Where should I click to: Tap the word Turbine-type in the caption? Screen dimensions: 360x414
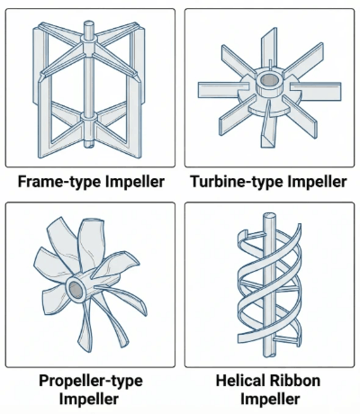click(237, 182)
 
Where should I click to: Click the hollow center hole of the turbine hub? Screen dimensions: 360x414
click(268, 80)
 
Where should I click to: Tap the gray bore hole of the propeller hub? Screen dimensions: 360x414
click(76, 289)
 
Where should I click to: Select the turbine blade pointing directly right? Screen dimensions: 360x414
click(315, 90)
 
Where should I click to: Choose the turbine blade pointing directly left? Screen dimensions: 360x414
click(223, 90)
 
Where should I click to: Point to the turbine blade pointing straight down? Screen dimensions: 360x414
click(268, 125)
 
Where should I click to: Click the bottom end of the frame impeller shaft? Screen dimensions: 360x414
click(88, 145)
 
